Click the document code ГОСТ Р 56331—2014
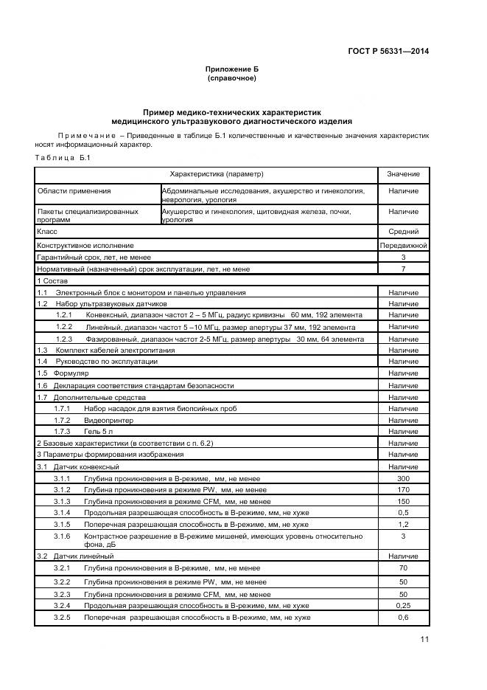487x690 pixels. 388,51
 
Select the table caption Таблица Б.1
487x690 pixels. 62,159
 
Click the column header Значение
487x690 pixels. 403,174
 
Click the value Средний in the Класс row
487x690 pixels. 403,231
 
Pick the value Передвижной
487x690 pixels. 403,244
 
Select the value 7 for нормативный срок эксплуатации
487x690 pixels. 403,269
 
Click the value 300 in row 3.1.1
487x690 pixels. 403,479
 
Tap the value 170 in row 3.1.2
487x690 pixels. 403,490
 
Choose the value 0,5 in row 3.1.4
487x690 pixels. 403,512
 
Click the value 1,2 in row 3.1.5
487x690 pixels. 403,524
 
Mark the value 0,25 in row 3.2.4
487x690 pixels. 403,605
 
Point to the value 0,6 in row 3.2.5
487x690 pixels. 403,617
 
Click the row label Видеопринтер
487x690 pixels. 103,419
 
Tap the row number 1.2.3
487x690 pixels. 64,339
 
